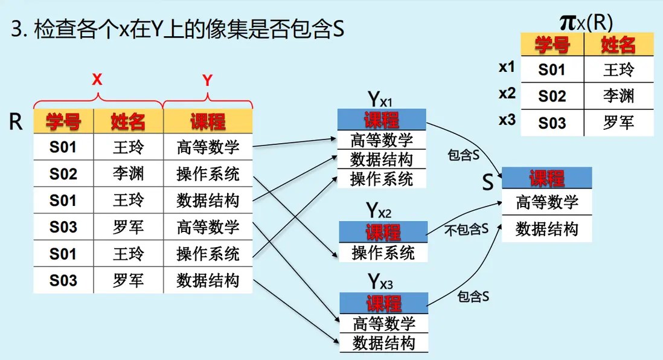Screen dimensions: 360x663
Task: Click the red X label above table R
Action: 97,79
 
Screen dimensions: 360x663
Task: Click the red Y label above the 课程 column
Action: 207,80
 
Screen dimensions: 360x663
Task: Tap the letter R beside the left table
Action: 16,123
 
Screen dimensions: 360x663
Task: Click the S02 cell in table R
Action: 63,175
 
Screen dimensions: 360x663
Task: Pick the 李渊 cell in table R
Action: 128,175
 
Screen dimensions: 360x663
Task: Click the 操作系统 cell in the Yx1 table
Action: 382,179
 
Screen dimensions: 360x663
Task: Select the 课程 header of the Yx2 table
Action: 383,232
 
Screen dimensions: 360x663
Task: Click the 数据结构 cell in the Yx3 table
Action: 383,343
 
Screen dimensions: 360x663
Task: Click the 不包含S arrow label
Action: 466,230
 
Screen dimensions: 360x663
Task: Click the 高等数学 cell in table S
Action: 546,202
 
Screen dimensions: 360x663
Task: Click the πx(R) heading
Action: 586,23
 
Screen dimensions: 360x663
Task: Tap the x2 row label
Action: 507,94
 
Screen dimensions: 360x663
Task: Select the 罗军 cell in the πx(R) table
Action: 618,123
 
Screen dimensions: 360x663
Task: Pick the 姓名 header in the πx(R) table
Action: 618,45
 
